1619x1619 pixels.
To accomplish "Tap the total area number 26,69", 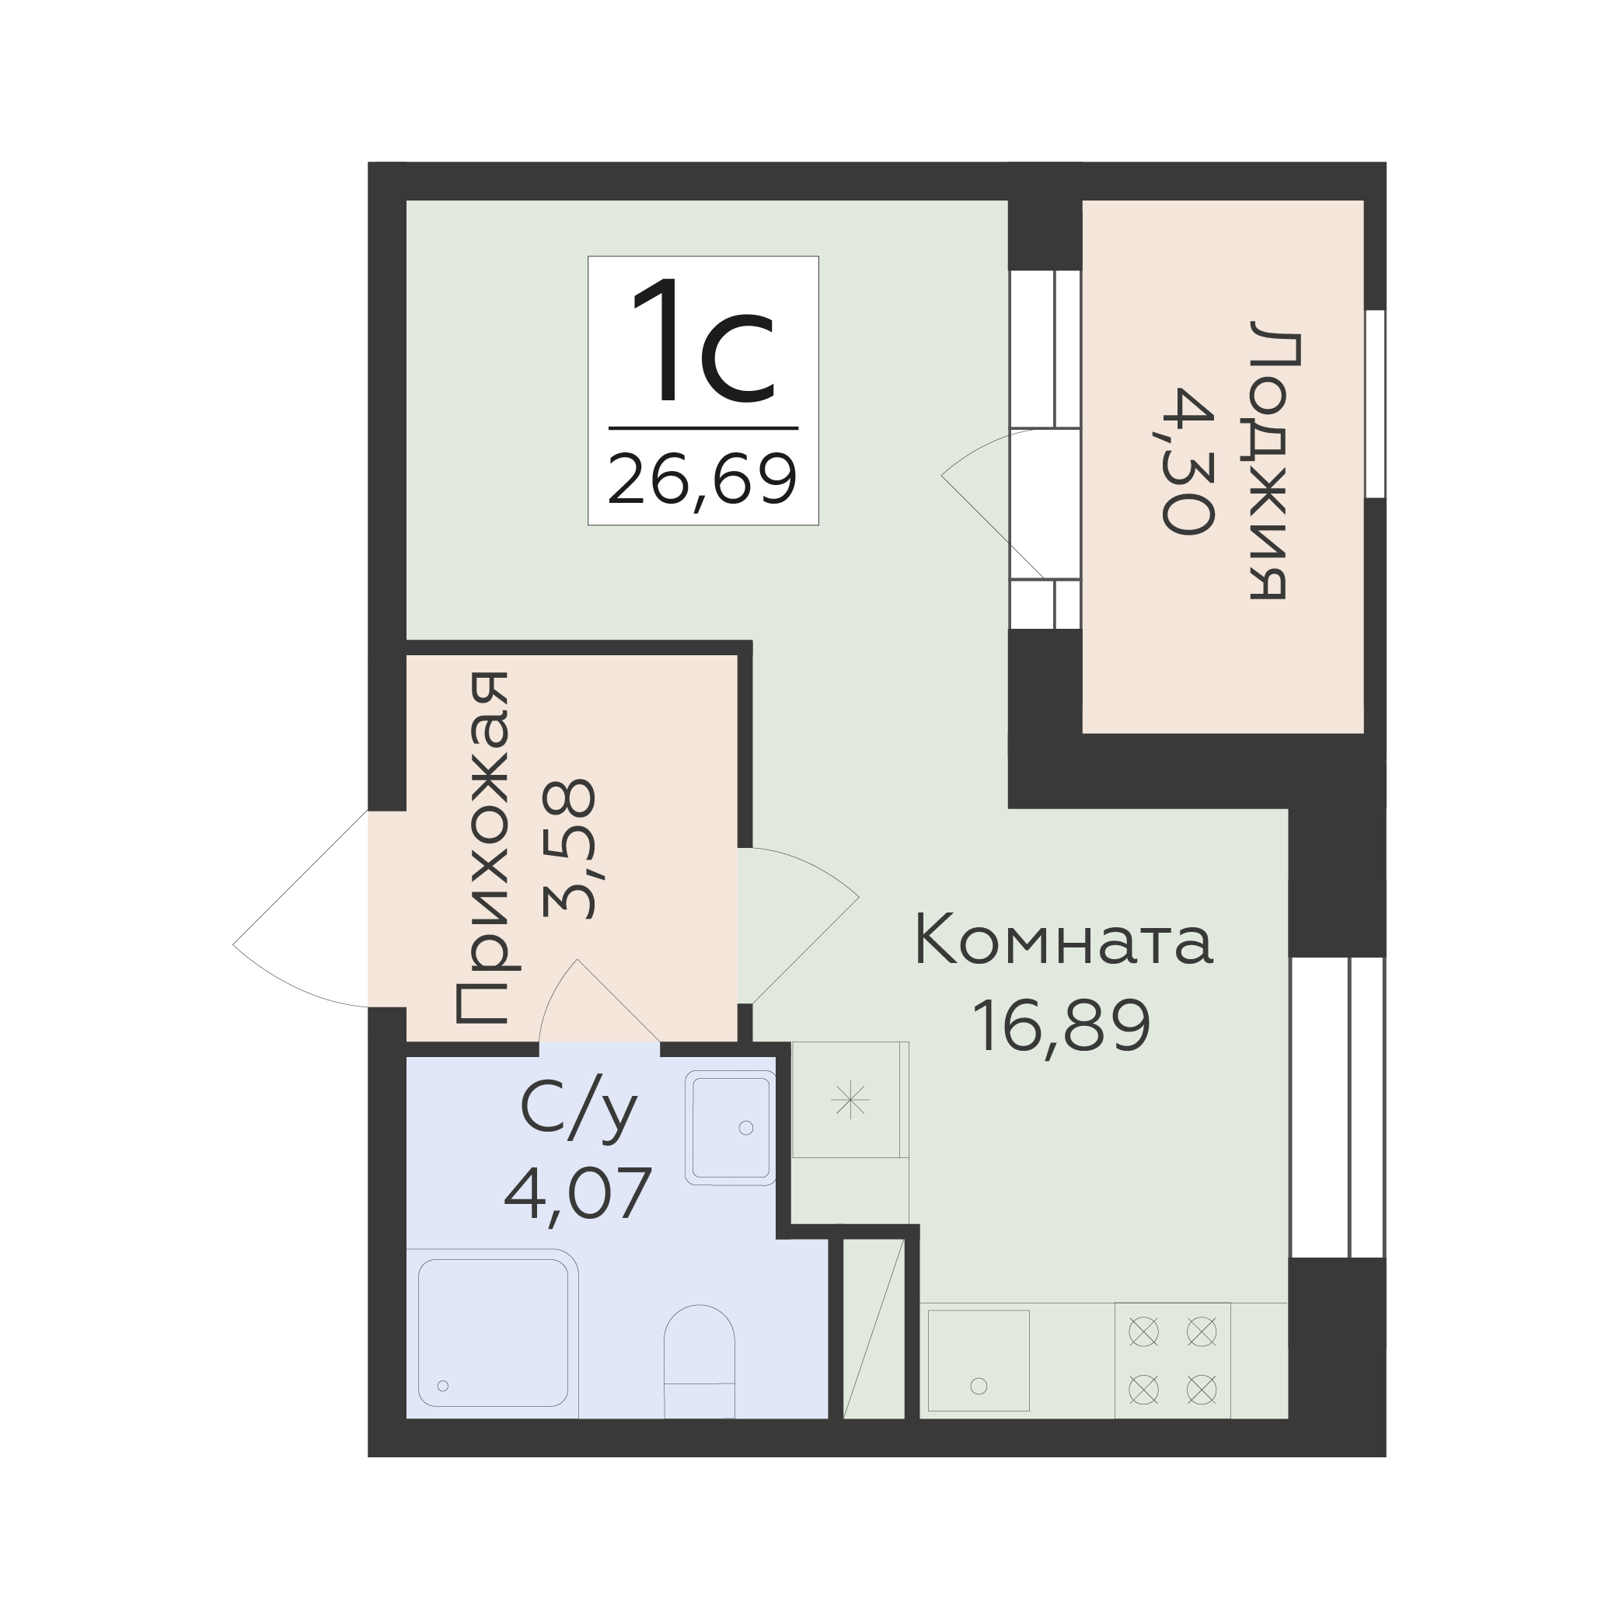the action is pyautogui.click(x=702, y=480).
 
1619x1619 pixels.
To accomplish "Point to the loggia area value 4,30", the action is pyautogui.click(x=1188, y=460).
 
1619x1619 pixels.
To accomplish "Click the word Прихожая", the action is pyautogui.click(x=482, y=848).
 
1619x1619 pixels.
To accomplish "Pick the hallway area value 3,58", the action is pyautogui.click(x=570, y=849).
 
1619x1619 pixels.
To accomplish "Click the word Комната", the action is pyautogui.click(x=1063, y=941).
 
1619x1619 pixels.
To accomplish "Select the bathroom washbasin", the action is pyautogui.click(x=730, y=1127).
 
